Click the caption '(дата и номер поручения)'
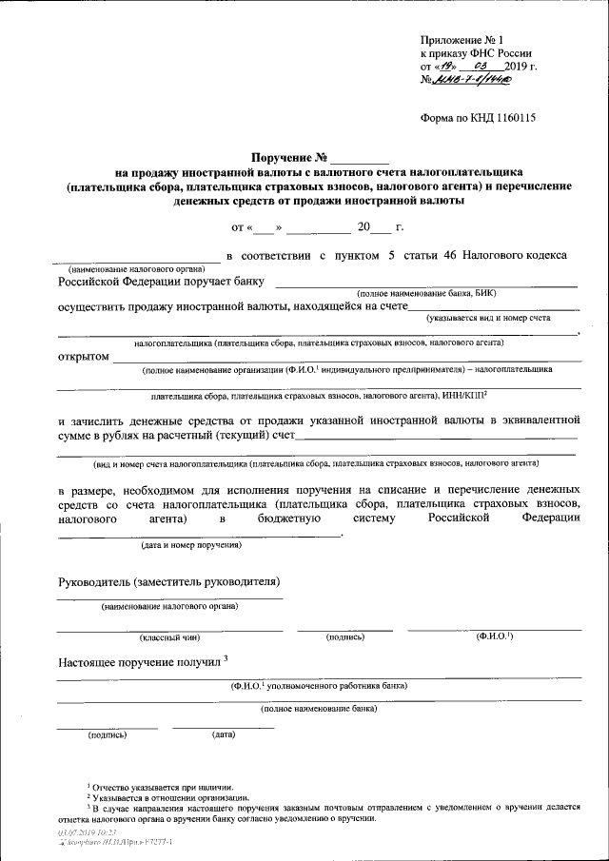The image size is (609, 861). pyautogui.click(x=191, y=545)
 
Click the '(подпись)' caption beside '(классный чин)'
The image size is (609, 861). pyautogui.click(x=345, y=637)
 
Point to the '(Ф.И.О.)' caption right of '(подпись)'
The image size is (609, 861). pyautogui.click(x=495, y=636)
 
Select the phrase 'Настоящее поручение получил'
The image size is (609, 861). pyautogui.click(x=139, y=661)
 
